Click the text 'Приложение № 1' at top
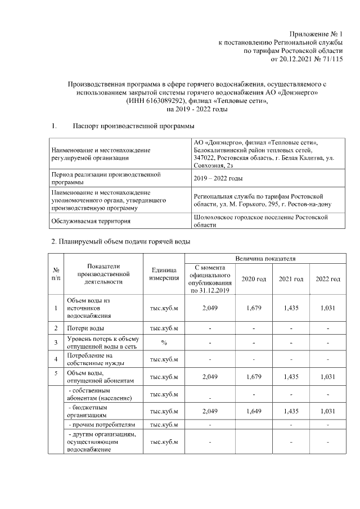coord(316,34)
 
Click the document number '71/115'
coord(330,58)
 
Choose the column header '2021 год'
coord(291,279)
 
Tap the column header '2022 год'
coord(328,279)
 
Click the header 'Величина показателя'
coord(265,258)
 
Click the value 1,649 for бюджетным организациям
coord(254,412)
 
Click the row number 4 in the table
coord(56,359)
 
